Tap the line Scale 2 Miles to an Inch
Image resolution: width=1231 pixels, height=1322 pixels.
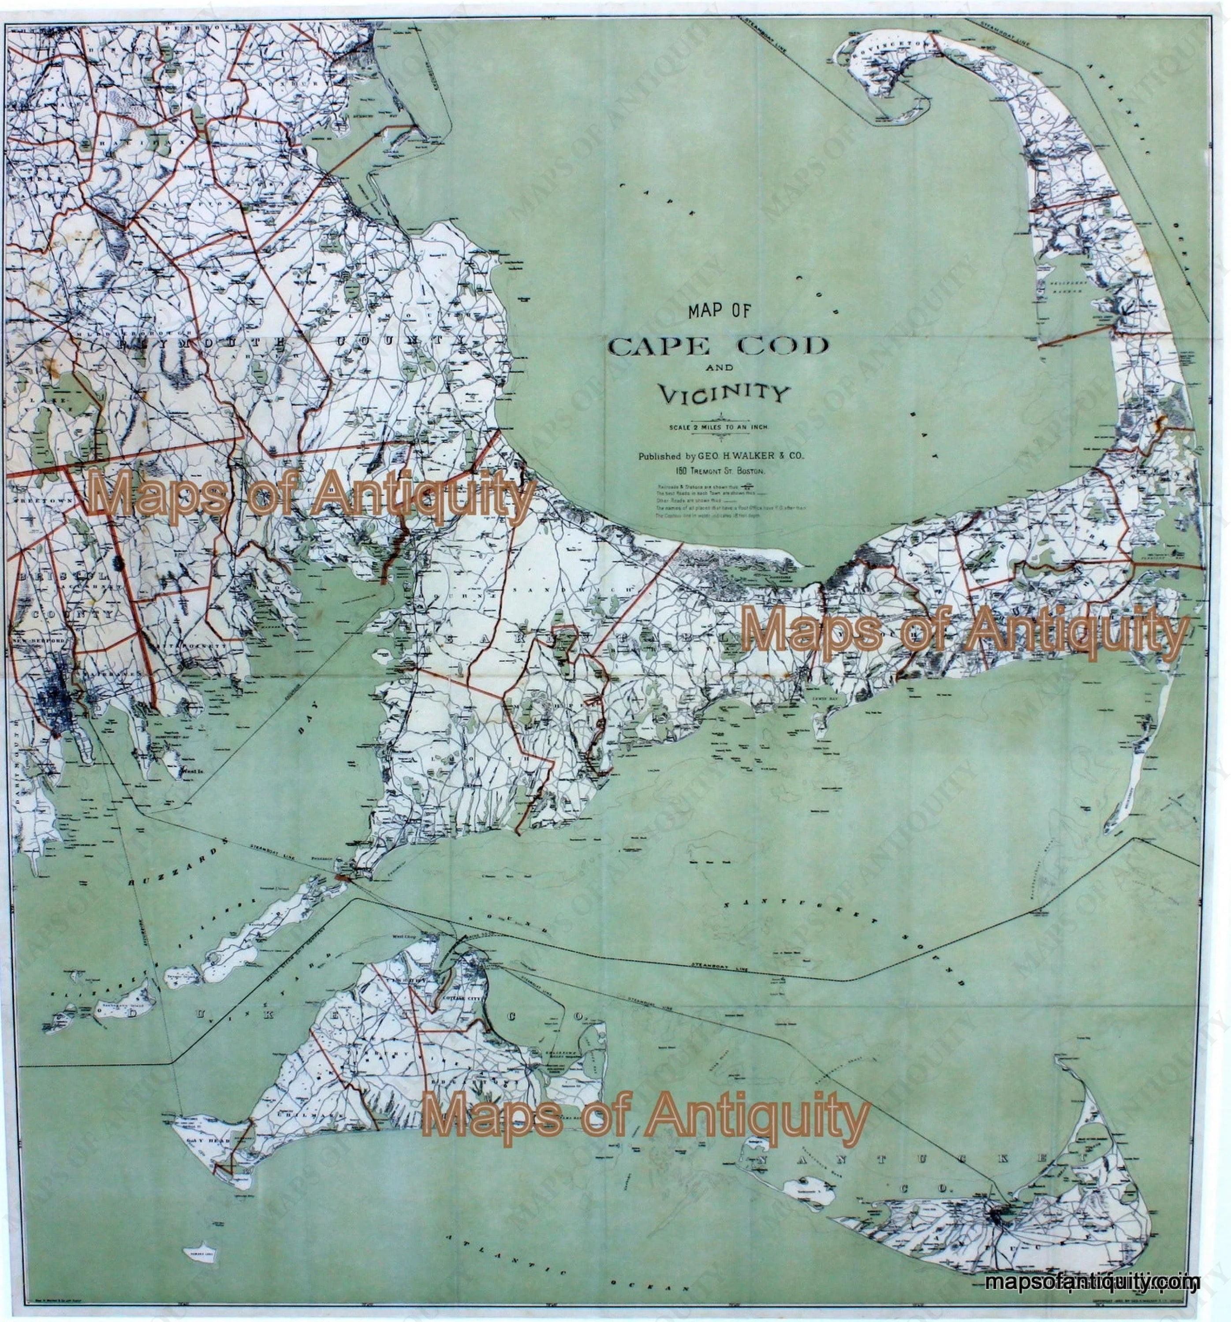716,426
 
